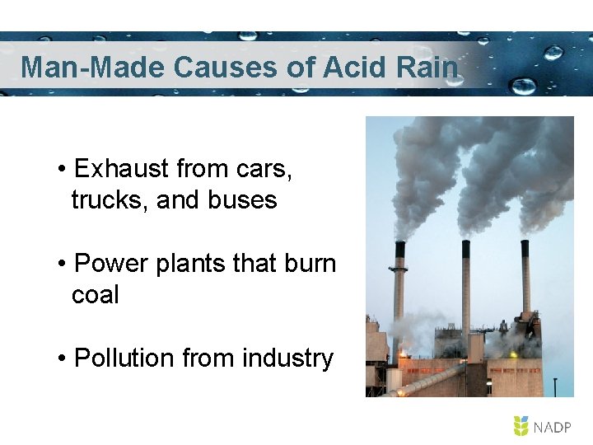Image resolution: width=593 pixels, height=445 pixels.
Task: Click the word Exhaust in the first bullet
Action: [x=123, y=169]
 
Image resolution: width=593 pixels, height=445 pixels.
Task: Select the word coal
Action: [x=95, y=295]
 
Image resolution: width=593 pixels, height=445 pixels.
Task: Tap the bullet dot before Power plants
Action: [x=63, y=265]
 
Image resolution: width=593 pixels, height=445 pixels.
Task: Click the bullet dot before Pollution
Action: [x=63, y=359]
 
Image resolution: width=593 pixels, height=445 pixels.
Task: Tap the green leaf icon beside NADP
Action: [x=521, y=426]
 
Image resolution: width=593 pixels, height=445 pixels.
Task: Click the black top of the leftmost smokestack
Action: [x=400, y=250]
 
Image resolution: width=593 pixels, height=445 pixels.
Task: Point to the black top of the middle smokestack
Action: [x=465, y=248]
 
